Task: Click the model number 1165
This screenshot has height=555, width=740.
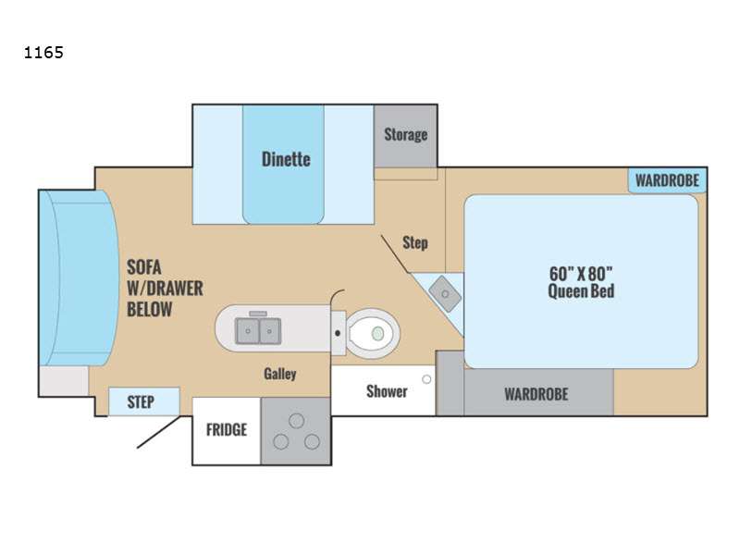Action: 43,52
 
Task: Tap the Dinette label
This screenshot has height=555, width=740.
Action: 286,159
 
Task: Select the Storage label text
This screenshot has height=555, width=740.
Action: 406,134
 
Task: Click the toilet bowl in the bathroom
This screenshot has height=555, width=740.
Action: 373,333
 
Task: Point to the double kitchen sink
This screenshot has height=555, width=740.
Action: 258,330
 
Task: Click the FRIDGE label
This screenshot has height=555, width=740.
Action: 227,429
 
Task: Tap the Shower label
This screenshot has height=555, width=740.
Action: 387,391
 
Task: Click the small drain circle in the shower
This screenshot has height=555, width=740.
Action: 426,379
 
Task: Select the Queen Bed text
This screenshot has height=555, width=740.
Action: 581,290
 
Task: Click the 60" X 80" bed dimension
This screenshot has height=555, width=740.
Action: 581,274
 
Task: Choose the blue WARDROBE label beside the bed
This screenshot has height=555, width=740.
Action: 667,180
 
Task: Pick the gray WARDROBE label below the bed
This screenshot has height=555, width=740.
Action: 536,394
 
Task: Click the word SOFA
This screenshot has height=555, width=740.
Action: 144,267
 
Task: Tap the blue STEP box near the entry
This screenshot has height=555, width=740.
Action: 144,401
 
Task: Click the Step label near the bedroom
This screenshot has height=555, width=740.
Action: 415,242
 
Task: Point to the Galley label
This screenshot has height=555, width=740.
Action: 280,374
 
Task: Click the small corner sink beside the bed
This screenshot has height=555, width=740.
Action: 445,294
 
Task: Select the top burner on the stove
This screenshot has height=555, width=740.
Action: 296,421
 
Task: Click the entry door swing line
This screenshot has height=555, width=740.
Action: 158,432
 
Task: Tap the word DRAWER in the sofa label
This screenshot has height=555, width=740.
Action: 171,289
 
